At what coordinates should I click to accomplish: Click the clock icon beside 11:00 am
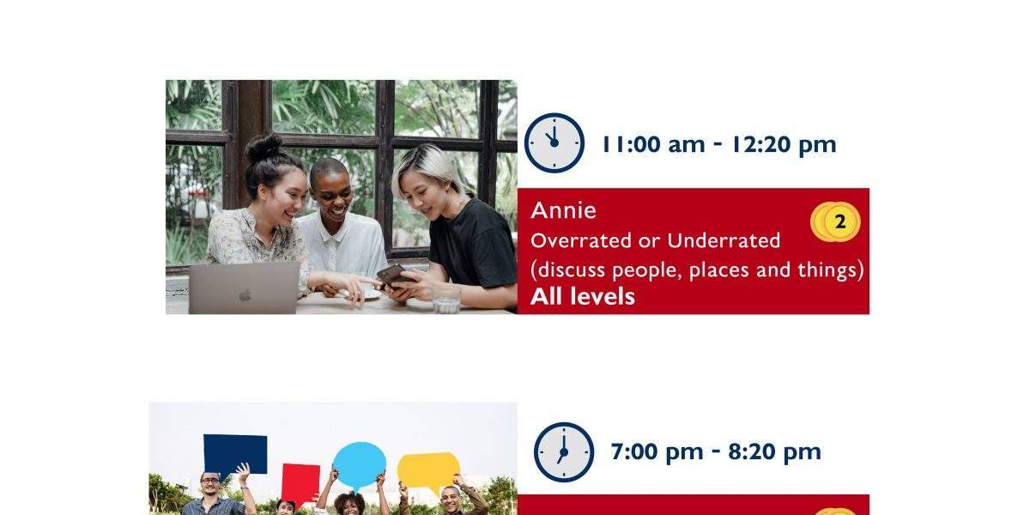click(x=554, y=143)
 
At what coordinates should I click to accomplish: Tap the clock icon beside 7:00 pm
click(x=564, y=452)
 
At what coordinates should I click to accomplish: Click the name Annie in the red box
click(x=563, y=210)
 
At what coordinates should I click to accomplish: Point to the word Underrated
click(x=724, y=240)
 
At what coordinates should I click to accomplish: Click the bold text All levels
click(x=583, y=296)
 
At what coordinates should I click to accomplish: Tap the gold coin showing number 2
click(x=840, y=222)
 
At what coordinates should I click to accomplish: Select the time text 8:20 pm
click(x=774, y=451)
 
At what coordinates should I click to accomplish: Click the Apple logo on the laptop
click(x=245, y=295)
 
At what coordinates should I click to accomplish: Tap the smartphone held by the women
click(x=395, y=275)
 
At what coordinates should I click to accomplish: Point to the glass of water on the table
click(x=446, y=299)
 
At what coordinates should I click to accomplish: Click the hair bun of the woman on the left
click(x=264, y=147)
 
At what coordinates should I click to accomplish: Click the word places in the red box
click(x=718, y=270)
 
